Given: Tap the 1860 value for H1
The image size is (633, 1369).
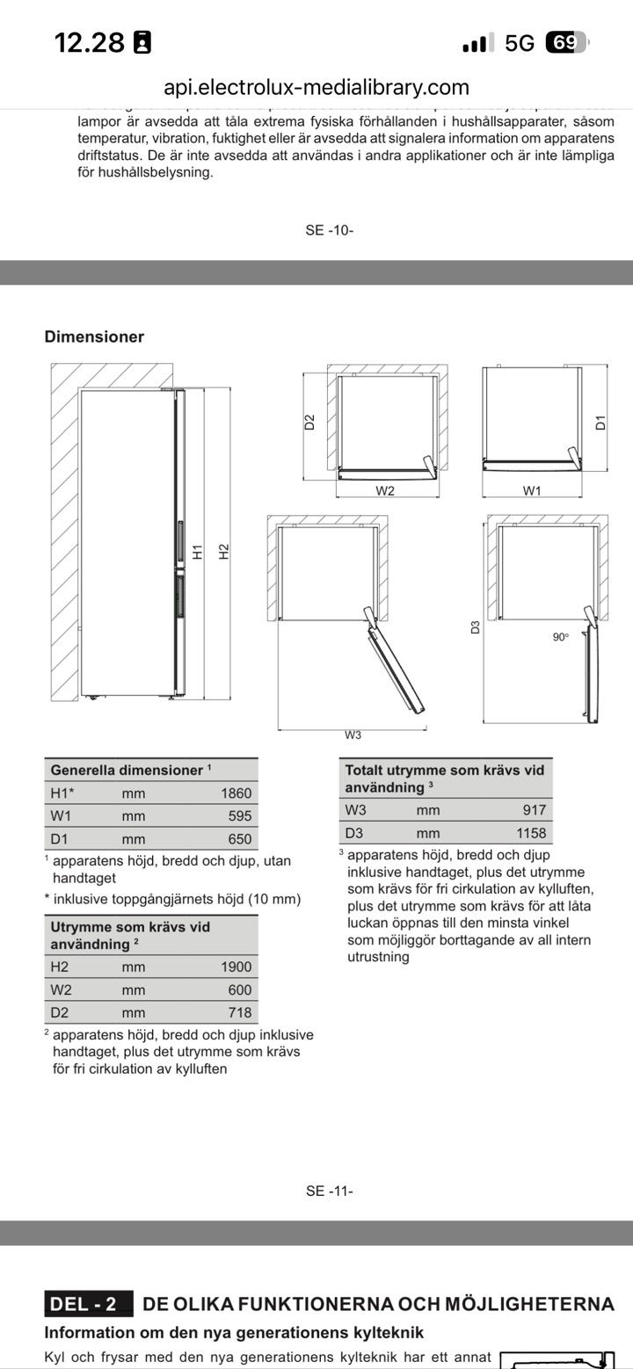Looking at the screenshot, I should [236, 793].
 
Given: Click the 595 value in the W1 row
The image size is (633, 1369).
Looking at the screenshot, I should [239, 815].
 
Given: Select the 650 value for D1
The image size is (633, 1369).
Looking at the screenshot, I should [239, 838].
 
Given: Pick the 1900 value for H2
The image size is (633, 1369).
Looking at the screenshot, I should [236, 967].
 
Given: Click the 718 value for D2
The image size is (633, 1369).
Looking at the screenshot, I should [239, 1012].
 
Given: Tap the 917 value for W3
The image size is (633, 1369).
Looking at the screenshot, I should [534, 810].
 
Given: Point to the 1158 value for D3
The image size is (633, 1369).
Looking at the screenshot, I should [531, 833].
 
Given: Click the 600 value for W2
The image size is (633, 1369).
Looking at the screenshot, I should [239, 989].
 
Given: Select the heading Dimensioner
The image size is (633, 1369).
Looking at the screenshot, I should [94, 337].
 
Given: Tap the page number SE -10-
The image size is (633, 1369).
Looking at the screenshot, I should [330, 230].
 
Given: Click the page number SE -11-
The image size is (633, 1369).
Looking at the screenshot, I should [330, 1191].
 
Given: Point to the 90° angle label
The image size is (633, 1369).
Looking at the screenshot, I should [561, 637].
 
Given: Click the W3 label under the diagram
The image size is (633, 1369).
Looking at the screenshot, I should [353, 735].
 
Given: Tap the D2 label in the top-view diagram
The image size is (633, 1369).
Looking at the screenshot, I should [309, 422].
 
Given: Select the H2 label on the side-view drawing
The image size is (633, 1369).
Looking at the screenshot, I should [224, 552].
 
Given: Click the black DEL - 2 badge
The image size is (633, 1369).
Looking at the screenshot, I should [89, 1304].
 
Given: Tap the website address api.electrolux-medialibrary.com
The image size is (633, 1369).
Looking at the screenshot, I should [316, 87].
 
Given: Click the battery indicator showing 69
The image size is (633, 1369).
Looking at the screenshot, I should [565, 42].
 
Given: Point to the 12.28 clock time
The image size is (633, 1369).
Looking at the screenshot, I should [90, 42].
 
